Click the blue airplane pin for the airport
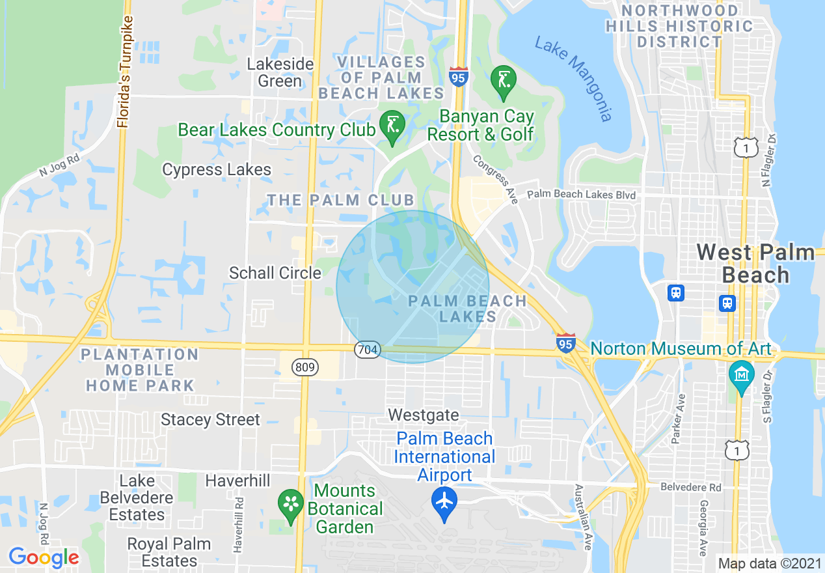[x=444, y=502]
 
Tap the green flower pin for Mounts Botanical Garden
[x=291, y=504]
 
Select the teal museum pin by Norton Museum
[x=741, y=376]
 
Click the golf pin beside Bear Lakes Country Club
[x=392, y=125]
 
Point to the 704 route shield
[x=367, y=350]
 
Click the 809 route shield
[x=305, y=367]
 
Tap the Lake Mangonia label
[x=573, y=78]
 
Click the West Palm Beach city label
[x=755, y=264]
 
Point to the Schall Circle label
[x=275, y=273]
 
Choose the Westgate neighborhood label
[x=424, y=415]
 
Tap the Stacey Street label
[x=210, y=420]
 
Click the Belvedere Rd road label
[x=691, y=487]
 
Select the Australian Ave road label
[x=582, y=518]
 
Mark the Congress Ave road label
[x=495, y=179]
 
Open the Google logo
[x=44, y=557]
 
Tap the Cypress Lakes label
[x=217, y=170]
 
